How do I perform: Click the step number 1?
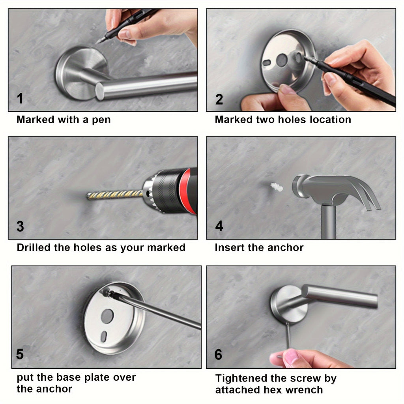(x=20, y=99)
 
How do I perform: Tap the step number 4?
(x=219, y=226)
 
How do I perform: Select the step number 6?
(x=219, y=354)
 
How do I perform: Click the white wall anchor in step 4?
(x=277, y=187)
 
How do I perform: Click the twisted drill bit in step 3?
(x=114, y=194)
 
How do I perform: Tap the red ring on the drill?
(x=193, y=191)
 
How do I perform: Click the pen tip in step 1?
(x=99, y=41)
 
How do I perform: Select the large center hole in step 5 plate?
(x=107, y=316)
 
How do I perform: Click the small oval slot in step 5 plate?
(x=103, y=337)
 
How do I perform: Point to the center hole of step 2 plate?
(x=282, y=60)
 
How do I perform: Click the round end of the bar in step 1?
(x=100, y=91)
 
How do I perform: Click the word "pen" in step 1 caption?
(x=101, y=120)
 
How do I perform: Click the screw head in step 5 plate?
(x=107, y=293)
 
